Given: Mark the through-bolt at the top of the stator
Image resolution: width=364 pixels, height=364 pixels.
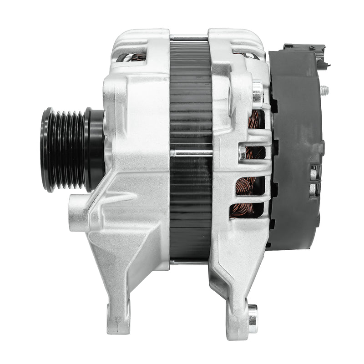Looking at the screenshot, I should click(x=189, y=38).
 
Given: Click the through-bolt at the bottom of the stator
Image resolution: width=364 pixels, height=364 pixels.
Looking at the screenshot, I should click(x=189, y=262).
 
